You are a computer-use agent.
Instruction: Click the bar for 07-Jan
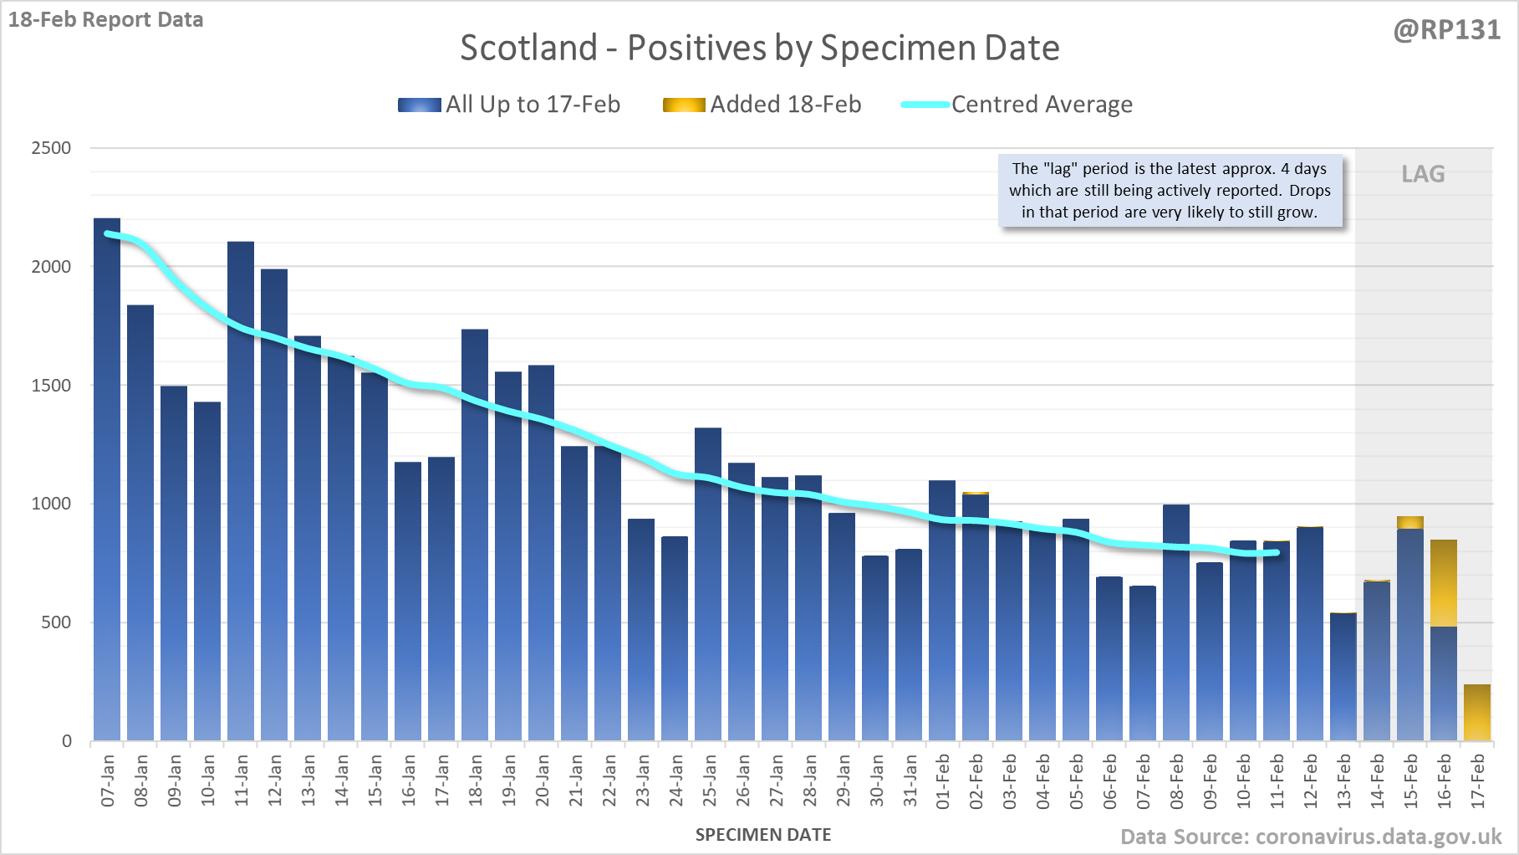point(107,479)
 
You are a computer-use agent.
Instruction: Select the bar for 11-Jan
point(241,491)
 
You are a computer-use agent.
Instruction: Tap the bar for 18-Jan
point(475,535)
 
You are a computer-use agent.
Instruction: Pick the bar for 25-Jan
point(708,585)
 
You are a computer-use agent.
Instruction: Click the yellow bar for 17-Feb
point(1477,713)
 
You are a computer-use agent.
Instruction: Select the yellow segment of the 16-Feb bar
point(1444,583)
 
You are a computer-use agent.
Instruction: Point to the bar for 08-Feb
point(1176,623)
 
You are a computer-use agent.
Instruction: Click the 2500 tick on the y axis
point(51,148)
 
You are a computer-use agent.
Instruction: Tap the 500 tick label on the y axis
point(56,622)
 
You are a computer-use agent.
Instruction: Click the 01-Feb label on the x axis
point(943,781)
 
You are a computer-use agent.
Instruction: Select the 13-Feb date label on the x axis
point(1344,781)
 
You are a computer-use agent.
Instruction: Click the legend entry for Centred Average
point(1017,105)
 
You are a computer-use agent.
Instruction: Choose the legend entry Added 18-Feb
point(762,105)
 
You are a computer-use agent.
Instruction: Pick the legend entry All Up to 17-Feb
point(509,105)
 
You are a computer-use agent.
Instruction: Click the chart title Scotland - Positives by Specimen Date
point(760,48)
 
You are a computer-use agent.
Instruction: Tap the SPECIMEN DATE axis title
point(763,835)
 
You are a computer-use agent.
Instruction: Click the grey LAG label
point(1423,174)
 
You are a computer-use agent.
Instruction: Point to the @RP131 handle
point(1447,30)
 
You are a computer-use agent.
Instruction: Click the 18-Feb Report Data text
point(106,19)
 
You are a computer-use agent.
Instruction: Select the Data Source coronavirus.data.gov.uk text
point(1311,837)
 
